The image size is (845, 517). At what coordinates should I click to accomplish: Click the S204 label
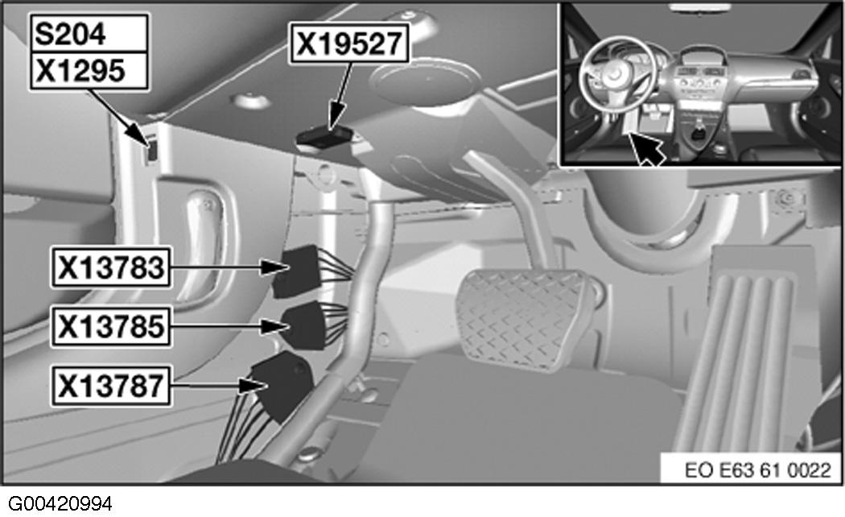point(89,34)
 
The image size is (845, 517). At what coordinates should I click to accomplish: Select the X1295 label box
point(89,71)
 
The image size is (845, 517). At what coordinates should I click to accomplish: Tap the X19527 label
point(349,43)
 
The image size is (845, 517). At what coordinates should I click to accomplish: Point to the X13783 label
point(111,267)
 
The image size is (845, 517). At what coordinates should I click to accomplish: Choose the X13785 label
point(111,326)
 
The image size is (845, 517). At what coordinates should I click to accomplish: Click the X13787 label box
point(111,386)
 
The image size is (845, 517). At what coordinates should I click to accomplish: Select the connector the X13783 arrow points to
point(296,271)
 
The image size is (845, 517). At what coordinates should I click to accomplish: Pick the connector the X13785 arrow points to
point(304,325)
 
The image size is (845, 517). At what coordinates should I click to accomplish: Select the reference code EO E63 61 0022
point(758,470)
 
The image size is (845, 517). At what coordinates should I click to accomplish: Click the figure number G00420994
point(60,504)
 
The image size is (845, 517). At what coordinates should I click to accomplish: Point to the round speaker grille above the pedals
point(426,84)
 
